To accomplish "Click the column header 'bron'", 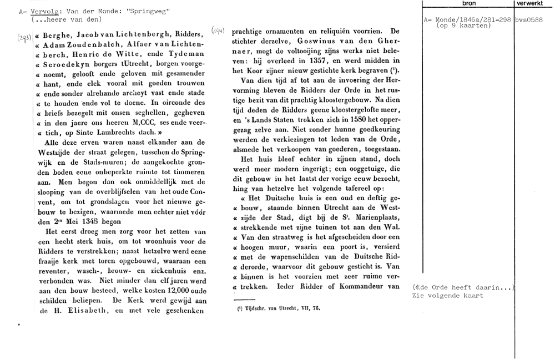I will point(469,3).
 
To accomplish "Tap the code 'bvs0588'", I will point(528,20).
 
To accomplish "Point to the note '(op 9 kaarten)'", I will point(463,26).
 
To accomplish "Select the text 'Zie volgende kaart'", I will point(447,296).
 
